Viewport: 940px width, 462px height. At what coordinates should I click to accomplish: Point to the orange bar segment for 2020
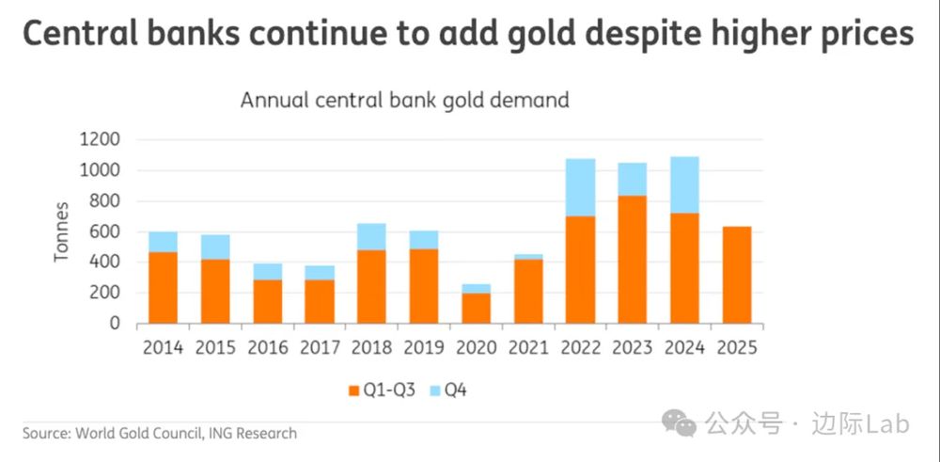pos(477,308)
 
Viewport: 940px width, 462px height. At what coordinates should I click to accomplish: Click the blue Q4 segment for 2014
pos(164,241)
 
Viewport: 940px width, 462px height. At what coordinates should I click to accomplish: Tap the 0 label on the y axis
pos(116,324)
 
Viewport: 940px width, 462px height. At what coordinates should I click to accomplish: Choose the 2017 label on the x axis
pos(320,347)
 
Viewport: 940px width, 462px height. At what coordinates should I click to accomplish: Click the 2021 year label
pos(528,347)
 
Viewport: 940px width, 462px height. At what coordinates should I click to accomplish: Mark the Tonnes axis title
pos(62,231)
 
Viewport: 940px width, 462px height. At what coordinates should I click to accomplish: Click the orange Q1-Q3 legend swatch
pos(353,390)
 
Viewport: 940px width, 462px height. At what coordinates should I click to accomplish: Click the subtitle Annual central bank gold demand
pos(404,100)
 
